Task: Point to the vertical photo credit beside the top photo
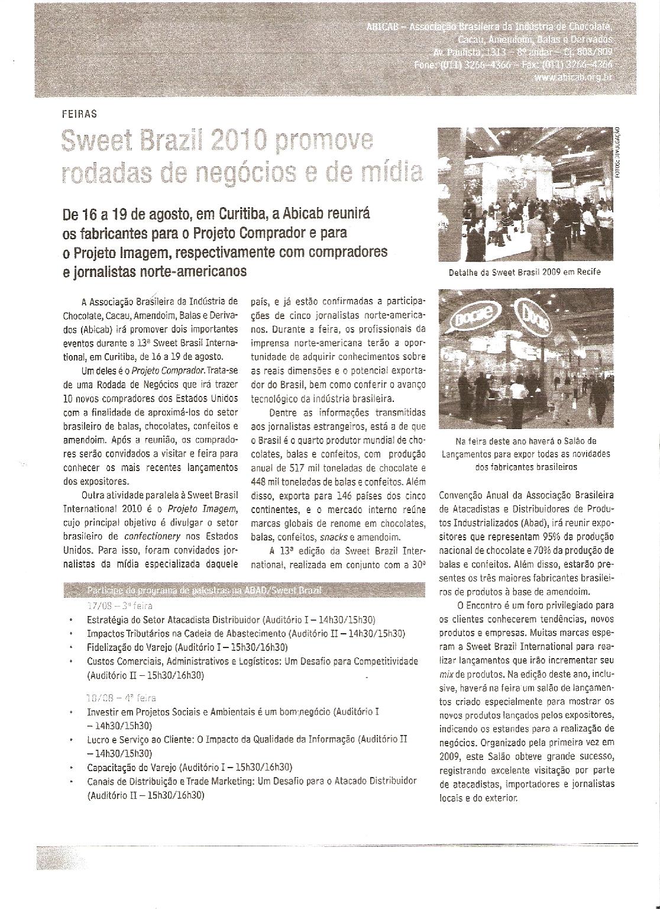point(618,152)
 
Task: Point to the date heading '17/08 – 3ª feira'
point(120,606)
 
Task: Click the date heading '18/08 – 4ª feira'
point(121,698)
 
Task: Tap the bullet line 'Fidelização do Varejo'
point(187,647)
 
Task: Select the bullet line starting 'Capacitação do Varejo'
point(189,768)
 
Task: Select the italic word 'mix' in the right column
point(446,674)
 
